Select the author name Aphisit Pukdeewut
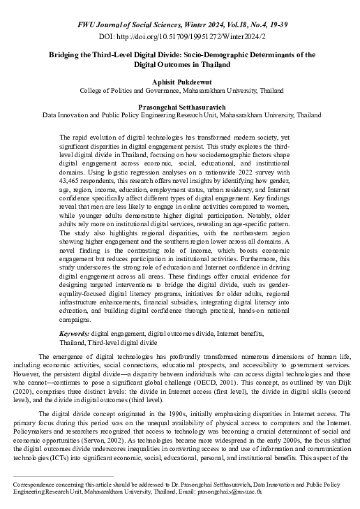point(181,82)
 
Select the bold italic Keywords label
point(74,334)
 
